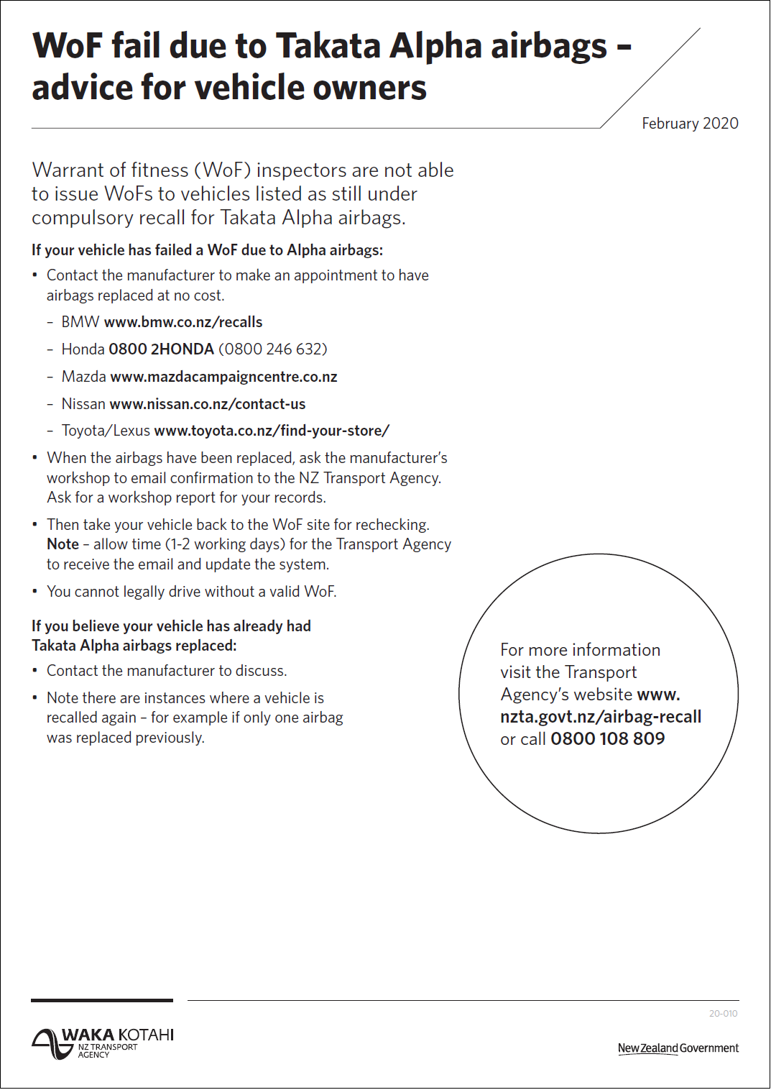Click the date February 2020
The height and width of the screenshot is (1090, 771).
[690, 124]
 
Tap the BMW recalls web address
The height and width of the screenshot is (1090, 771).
[183, 322]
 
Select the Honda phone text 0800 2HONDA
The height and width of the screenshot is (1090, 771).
[161, 349]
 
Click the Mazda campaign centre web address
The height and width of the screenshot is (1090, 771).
[223, 377]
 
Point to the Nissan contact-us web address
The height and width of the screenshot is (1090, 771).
[208, 404]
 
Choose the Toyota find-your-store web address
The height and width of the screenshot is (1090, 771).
[272, 431]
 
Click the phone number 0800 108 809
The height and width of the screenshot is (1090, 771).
[607, 739]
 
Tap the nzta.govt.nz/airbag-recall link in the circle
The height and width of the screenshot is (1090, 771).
[601, 717]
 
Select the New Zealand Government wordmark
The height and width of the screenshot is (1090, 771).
[678, 1048]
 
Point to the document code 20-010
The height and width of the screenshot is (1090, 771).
[723, 1014]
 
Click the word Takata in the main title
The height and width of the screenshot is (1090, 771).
[328, 46]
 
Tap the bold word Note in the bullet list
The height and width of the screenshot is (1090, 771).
[63, 545]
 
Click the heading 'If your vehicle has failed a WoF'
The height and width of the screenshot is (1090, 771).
[207, 250]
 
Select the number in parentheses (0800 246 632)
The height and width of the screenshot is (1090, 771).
[273, 349]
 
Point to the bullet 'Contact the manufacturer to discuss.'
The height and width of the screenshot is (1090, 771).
[167, 671]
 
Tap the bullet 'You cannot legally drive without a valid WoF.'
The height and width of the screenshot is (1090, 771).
[191, 592]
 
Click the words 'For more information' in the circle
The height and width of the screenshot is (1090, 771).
[580, 650]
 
